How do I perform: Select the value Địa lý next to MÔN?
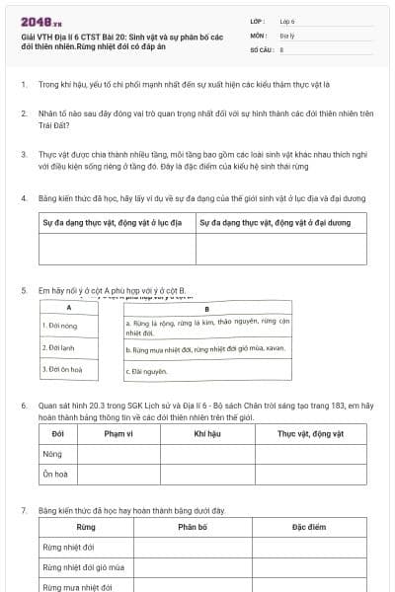pos(286,35)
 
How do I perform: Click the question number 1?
pos(23,85)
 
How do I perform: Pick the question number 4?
pos(23,198)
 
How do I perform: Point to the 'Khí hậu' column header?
pos(206,434)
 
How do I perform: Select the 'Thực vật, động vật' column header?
pos(310,434)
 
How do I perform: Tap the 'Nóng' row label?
pos(52,455)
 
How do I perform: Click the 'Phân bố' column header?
pos(192,528)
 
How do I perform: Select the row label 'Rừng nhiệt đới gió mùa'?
pos(83,567)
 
